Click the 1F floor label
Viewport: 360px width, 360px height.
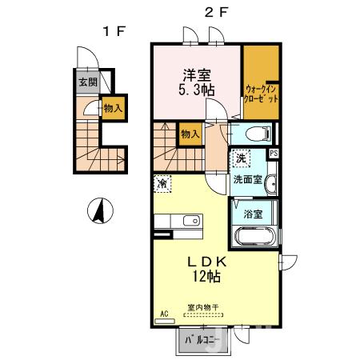coord(111,31)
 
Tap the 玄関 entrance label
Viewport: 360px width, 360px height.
coord(87,82)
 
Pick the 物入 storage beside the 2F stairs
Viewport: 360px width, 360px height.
coord(190,134)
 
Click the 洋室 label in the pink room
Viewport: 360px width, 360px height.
coord(197,76)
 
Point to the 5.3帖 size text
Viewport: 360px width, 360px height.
coord(197,92)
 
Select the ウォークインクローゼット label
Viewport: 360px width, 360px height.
coord(262,95)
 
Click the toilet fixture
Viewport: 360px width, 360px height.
coord(258,134)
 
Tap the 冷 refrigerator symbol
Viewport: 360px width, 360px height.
coord(162,184)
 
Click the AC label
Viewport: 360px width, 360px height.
coord(164,314)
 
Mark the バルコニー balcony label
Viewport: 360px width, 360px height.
coord(202,340)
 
